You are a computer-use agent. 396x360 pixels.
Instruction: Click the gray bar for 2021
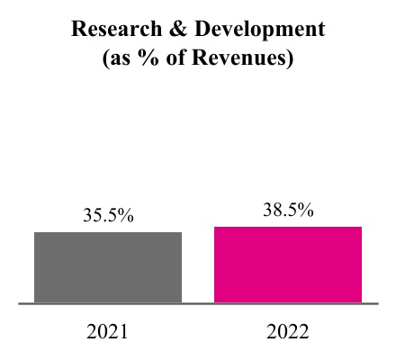click(x=108, y=267)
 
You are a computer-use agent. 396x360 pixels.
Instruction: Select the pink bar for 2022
click(x=287, y=265)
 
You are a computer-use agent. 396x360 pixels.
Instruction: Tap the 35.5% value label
click(x=108, y=217)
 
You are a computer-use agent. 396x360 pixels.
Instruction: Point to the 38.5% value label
click(x=287, y=211)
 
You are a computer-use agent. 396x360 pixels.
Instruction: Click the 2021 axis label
click(x=108, y=331)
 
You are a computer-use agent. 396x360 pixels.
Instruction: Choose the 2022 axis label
click(x=287, y=331)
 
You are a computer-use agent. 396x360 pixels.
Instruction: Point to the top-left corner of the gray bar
click(x=34, y=232)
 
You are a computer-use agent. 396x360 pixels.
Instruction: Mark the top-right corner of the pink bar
click(x=362, y=226)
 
